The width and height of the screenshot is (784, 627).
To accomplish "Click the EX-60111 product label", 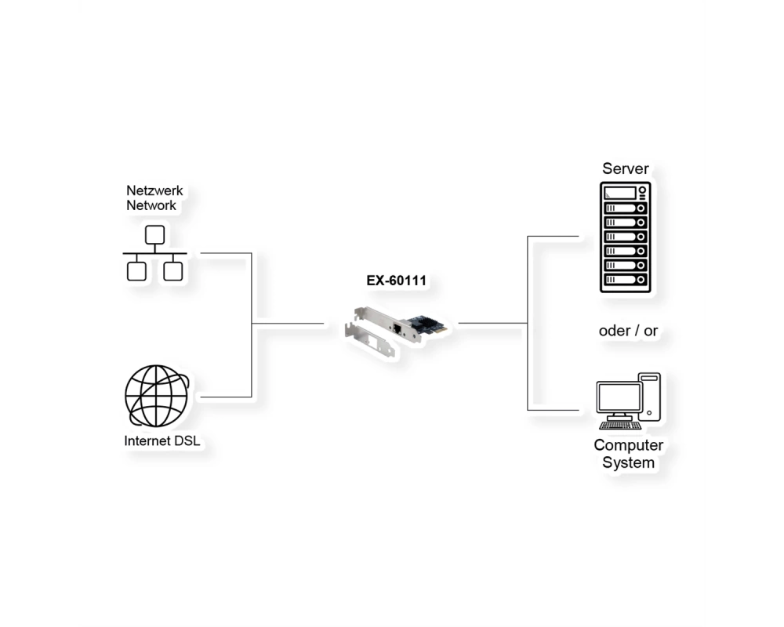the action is [x=397, y=281].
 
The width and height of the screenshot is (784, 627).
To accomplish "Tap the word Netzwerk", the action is [x=154, y=190].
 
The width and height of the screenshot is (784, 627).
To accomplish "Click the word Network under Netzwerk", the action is [x=151, y=205].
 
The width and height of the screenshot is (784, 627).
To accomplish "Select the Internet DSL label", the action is [x=162, y=440].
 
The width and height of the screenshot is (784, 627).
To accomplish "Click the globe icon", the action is [x=157, y=396].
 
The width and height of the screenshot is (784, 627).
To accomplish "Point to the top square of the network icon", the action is [x=155, y=235].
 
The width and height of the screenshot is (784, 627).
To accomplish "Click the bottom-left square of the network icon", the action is [x=136, y=271].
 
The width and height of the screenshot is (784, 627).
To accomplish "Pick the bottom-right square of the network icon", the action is [x=173, y=271].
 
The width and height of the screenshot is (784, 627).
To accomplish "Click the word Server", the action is [x=626, y=169].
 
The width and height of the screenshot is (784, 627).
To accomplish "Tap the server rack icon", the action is [x=626, y=237].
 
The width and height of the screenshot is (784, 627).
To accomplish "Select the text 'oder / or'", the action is [x=628, y=331].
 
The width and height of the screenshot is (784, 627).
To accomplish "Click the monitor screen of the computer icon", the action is [x=619, y=398].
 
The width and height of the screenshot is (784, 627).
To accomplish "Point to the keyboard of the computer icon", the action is [x=620, y=426].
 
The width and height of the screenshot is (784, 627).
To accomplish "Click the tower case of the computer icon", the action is [x=649, y=397].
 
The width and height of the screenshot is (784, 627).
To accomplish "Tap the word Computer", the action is [x=629, y=445].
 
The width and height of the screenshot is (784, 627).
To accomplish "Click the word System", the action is [x=629, y=462].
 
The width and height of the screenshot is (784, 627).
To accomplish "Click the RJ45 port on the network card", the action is [x=398, y=329].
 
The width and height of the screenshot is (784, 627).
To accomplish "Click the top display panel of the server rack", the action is [x=620, y=193].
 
